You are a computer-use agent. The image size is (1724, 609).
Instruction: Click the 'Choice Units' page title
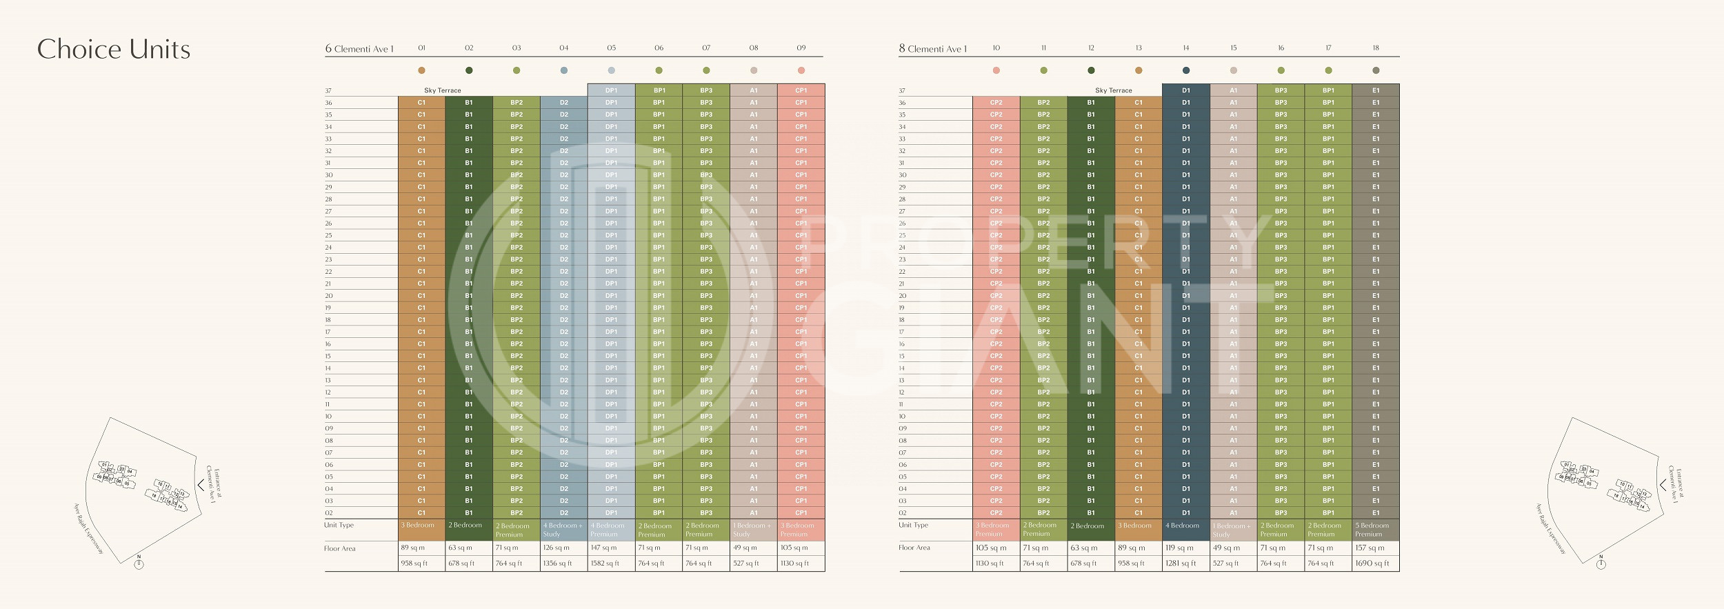point(114,50)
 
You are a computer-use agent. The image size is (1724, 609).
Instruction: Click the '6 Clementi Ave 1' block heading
point(359,49)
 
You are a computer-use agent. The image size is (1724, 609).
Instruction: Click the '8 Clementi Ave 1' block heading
point(933,49)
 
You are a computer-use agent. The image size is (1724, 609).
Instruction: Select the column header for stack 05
point(611,48)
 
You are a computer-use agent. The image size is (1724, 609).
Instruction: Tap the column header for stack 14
point(1186,48)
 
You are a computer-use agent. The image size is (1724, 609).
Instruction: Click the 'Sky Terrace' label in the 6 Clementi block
point(443,90)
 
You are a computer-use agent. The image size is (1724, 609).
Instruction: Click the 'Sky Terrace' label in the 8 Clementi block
point(1114,90)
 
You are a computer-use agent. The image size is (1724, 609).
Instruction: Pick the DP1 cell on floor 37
point(611,90)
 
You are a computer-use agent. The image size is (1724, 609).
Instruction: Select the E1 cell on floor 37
point(1376,90)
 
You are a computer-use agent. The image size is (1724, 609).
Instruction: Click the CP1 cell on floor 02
point(801,513)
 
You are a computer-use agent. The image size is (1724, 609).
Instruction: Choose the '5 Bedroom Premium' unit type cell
point(1375,530)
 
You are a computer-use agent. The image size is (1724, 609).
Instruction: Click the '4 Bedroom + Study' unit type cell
point(563,530)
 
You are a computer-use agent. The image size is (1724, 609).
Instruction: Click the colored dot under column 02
point(469,70)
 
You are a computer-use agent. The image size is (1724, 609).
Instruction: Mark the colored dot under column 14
point(1186,70)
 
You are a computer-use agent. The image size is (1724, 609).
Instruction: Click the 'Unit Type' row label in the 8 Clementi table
point(914,526)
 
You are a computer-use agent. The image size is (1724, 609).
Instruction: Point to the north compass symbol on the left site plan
point(139,563)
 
